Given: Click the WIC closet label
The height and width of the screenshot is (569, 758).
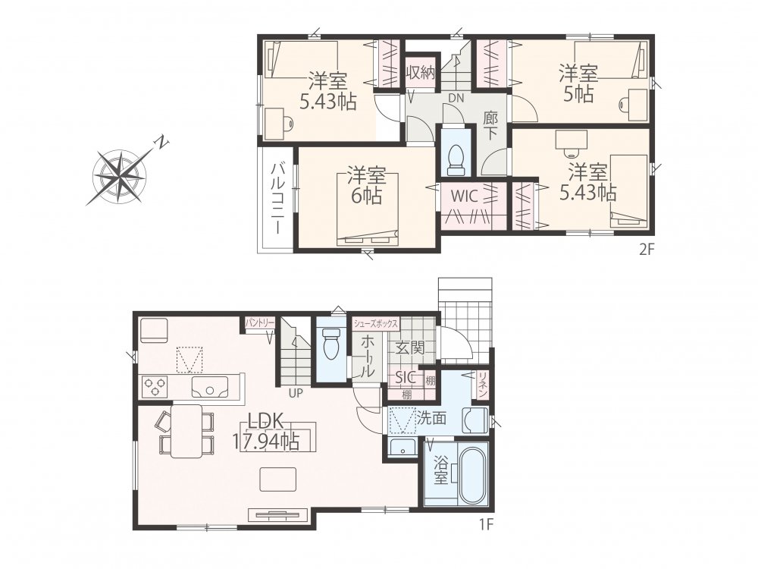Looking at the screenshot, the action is pyautogui.click(x=465, y=196).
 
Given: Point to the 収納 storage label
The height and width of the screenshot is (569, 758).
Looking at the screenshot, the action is pyautogui.click(x=421, y=73).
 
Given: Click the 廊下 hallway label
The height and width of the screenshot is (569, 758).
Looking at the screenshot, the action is pyautogui.click(x=490, y=125).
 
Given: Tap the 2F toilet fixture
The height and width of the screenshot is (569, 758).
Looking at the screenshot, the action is pyautogui.click(x=456, y=160).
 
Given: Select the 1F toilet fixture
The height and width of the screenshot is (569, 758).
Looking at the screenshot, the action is pyautogui.click(x=331, y=344).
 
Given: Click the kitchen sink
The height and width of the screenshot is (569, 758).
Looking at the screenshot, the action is pyautogui.click(x=210, y=387).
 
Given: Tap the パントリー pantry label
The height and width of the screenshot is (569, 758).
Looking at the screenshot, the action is pyautogui.click(x=259, y=322).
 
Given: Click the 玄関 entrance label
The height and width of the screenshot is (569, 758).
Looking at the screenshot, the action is pyautogui.click(x=410, y=347).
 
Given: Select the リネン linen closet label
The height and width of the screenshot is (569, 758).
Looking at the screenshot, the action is pyautogui.click(x=482, y=385).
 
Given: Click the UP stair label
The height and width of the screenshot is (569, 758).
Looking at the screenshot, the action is pyautogui.click(x=296, y=393).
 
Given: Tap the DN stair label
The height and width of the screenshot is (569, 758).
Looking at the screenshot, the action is pyautogui.click(x=456, y=98).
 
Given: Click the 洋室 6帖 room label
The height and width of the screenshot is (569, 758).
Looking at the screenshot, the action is pyautogui.click(x=366, y=185).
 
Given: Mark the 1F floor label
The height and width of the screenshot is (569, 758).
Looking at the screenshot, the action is pyautogui.click(x=487, y=524).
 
